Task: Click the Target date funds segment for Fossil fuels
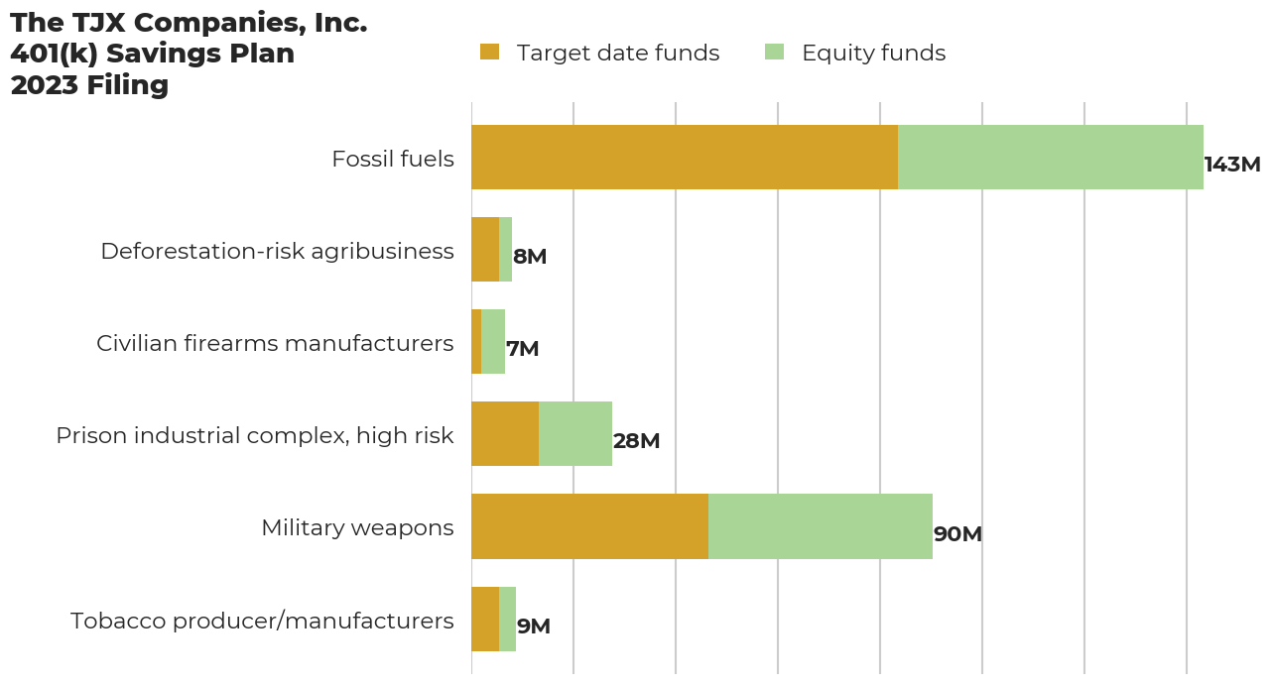coord(685,157)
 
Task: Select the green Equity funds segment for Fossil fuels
coord(1050,157)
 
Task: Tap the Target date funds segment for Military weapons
coord(589,526)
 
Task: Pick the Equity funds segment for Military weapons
coord(820,526)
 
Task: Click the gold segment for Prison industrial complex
coord(505,433)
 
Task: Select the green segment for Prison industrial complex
coord(575,433)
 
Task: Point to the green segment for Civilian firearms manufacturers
coord(493,341)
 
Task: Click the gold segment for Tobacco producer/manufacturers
coord(485,619)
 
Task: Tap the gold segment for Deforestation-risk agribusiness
coord(485,249)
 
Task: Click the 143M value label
coord(1231,165)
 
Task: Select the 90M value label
coord(957,534)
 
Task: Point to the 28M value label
coord(636,441)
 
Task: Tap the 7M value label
coord(522,349)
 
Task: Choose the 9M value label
coord(533,627)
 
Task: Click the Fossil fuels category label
coord(393,159)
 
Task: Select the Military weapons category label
coord(357,527)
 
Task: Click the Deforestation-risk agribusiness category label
coord(277,251)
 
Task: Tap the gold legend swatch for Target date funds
coord(489,52)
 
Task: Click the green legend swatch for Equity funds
coord(774,52)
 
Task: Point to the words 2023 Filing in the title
coord(89,85)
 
